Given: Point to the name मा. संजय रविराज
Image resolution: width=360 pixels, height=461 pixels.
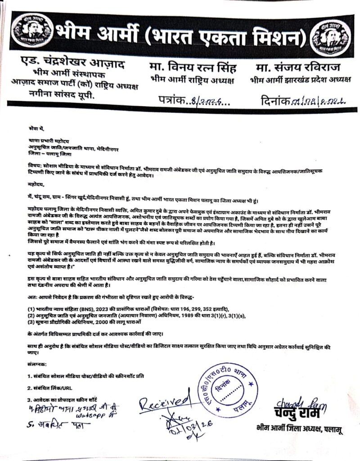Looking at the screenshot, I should pyautogui.click(x=299, y=68).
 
